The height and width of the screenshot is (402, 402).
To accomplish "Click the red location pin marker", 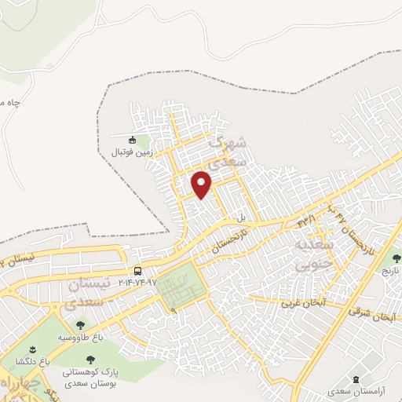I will click(203, 184).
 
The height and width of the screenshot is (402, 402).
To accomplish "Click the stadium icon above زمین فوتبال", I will click(133, 141).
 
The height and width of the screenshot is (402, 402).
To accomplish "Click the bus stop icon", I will click(138, 272).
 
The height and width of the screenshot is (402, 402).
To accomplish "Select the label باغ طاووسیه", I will click(79, 337).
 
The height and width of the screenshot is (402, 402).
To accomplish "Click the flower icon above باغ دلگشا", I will click(32, 349).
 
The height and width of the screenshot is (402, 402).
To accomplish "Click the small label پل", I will click(243, 217).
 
